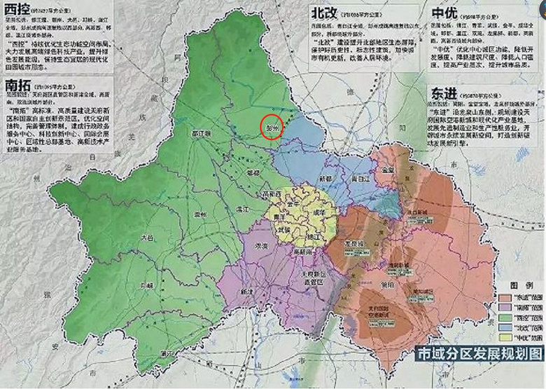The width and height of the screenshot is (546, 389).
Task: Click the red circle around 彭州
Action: click(x=272, y=128)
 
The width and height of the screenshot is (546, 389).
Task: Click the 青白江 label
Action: click(x=360, y=179)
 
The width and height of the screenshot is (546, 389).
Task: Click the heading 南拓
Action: click(x=19, y=86)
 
